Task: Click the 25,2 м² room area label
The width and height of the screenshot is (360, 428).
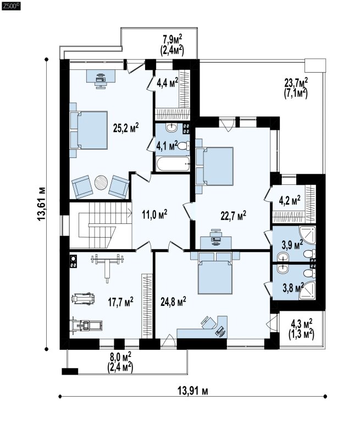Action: pos(126,128)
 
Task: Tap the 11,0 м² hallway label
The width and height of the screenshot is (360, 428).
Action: pos(154,215)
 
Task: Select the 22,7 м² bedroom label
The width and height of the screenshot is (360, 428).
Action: pos(233,216)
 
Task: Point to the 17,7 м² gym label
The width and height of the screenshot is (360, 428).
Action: pos(120,302)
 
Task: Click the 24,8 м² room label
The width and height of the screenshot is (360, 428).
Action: pos(173,302)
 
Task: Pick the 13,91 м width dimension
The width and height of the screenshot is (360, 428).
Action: pos(193,391)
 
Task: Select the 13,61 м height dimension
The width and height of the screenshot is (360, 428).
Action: pos(41,204)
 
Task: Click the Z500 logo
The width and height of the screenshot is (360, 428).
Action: pos(11,7)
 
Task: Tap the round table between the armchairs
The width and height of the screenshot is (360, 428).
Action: pos(101,182)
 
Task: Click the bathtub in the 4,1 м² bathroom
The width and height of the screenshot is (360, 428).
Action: pos(173,164)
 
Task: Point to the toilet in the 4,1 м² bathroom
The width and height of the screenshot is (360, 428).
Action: pos(184,146)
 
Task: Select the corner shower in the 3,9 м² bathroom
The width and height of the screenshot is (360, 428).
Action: pos(307,234)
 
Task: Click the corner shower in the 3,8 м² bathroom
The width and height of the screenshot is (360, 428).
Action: pos(307,291)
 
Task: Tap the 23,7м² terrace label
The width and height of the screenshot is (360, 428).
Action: pos(296,83)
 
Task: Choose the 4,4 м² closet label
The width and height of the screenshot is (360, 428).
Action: pos(167,83)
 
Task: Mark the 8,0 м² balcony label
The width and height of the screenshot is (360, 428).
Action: pos(120,356)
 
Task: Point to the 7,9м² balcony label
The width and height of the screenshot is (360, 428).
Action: pos(173,40)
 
